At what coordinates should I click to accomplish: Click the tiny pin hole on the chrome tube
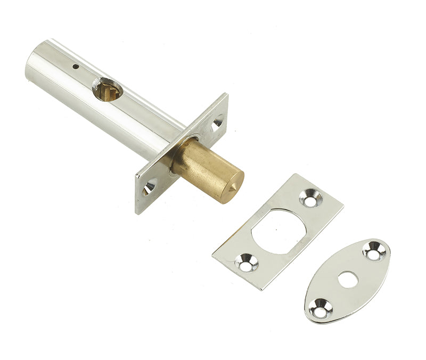(76, 67)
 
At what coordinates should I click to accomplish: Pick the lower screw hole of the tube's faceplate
(149, 187)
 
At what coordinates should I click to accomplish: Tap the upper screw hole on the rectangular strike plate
(310, 199)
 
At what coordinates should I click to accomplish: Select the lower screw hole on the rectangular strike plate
(247, 262)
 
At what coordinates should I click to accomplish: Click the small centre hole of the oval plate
(348, 279)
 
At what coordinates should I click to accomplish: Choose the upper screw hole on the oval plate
(374, 251)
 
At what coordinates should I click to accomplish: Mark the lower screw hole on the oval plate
(322, 308)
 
